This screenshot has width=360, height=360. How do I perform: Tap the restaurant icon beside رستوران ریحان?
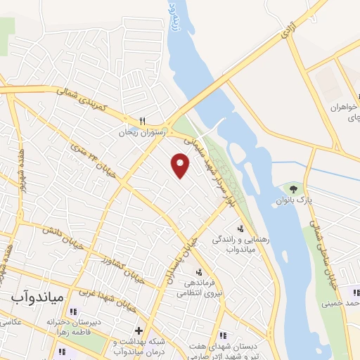(x=142, y=120)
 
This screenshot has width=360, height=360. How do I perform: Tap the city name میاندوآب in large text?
(x=38, y=297)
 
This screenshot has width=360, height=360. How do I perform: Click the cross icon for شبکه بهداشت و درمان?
(x=139, y=330)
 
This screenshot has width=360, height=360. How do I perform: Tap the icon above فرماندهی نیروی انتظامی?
(x=199, y=272)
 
